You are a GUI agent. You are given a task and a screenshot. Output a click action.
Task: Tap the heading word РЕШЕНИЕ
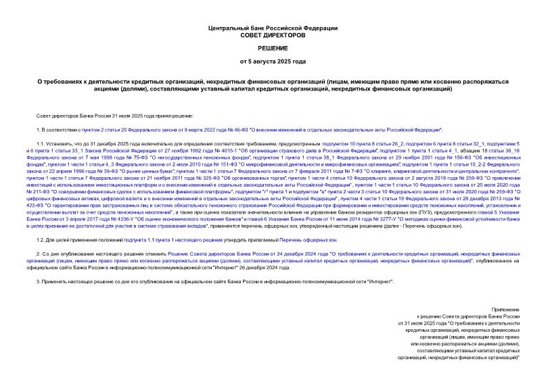click(273, 48)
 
